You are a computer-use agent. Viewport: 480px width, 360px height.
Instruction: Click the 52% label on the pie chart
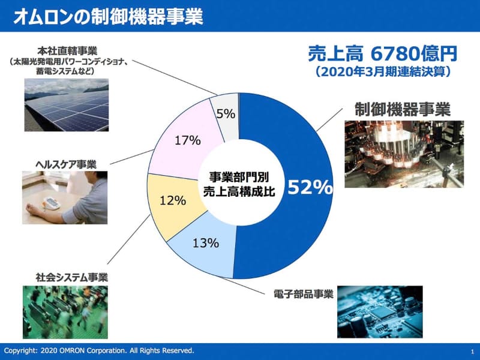coord(310,188)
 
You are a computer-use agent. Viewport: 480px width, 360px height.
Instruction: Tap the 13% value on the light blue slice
coord(206,243)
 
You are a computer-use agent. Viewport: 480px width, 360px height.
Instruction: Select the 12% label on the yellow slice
coord(173,200)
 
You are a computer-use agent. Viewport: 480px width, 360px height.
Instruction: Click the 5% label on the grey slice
coord(226,113)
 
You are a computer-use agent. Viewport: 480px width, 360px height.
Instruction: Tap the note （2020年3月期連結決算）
coord(383,71)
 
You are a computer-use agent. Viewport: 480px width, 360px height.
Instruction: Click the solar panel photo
coord(67,107)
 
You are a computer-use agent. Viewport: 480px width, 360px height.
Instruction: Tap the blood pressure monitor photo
coord(65,199)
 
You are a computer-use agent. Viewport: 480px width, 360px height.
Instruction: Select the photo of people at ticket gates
coord(65,312)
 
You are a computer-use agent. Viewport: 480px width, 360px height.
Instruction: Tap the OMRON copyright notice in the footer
coord(99,350)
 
